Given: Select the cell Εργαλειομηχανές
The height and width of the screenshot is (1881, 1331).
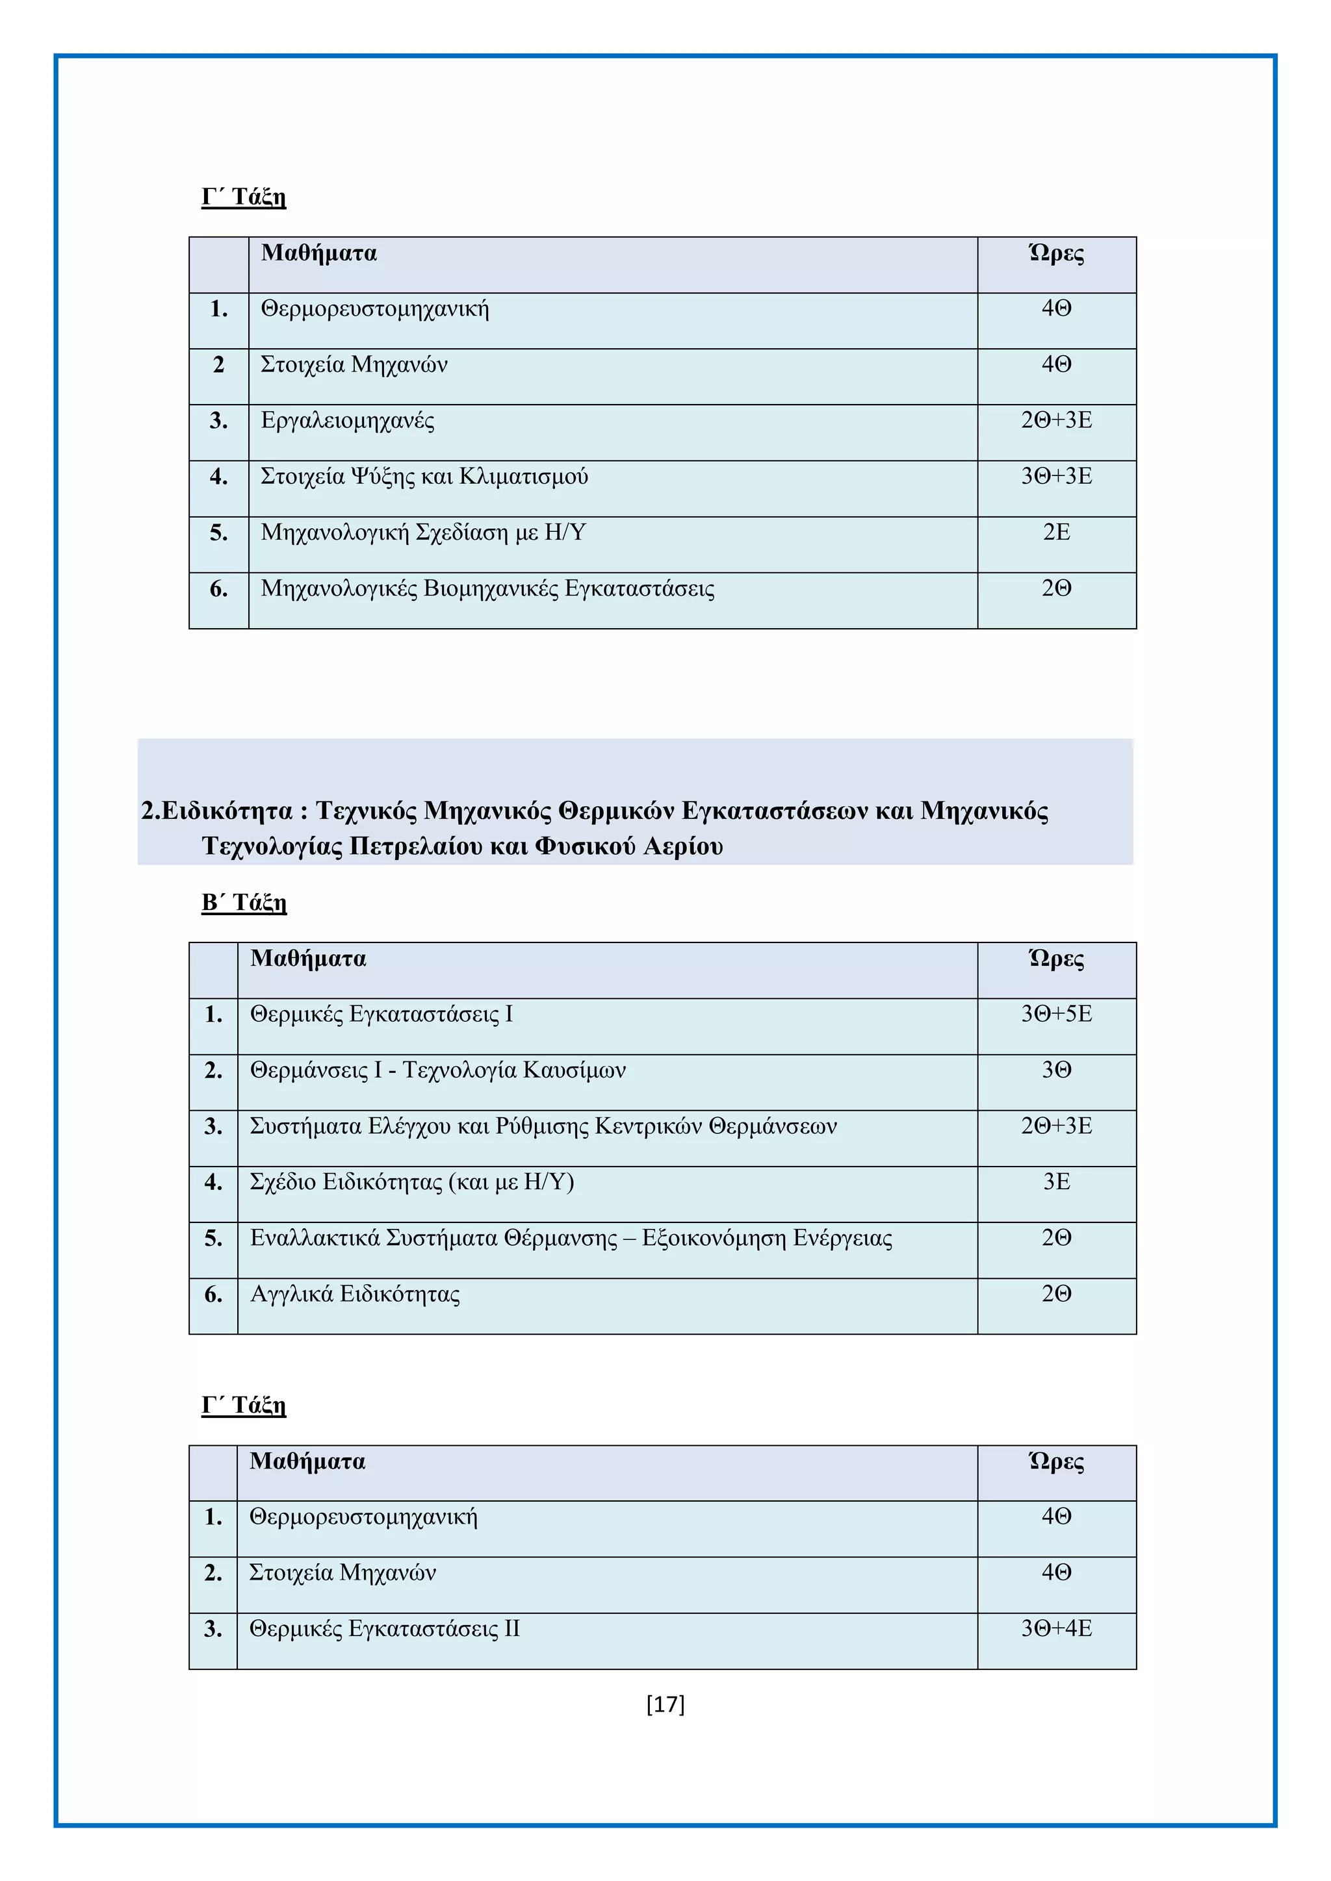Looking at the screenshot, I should coord(348,420).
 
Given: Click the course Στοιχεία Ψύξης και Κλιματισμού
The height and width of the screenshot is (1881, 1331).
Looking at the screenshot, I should coord(424,476).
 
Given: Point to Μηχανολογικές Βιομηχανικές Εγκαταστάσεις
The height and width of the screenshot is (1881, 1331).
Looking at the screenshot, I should coord(487,588).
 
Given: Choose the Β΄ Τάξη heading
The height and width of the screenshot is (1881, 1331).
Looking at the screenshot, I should coord(244,902).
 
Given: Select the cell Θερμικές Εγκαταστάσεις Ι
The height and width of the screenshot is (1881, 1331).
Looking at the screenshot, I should coord(381,1015).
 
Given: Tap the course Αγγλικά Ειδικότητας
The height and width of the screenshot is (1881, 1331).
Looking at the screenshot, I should coord(355,1294).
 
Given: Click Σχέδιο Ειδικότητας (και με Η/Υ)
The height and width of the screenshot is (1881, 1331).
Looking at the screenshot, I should coord(411,1182).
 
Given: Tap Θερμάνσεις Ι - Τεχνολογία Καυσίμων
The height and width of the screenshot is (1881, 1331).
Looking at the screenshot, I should coord(437,1070).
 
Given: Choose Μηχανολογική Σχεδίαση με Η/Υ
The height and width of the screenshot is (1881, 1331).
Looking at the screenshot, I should coord(423,533).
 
